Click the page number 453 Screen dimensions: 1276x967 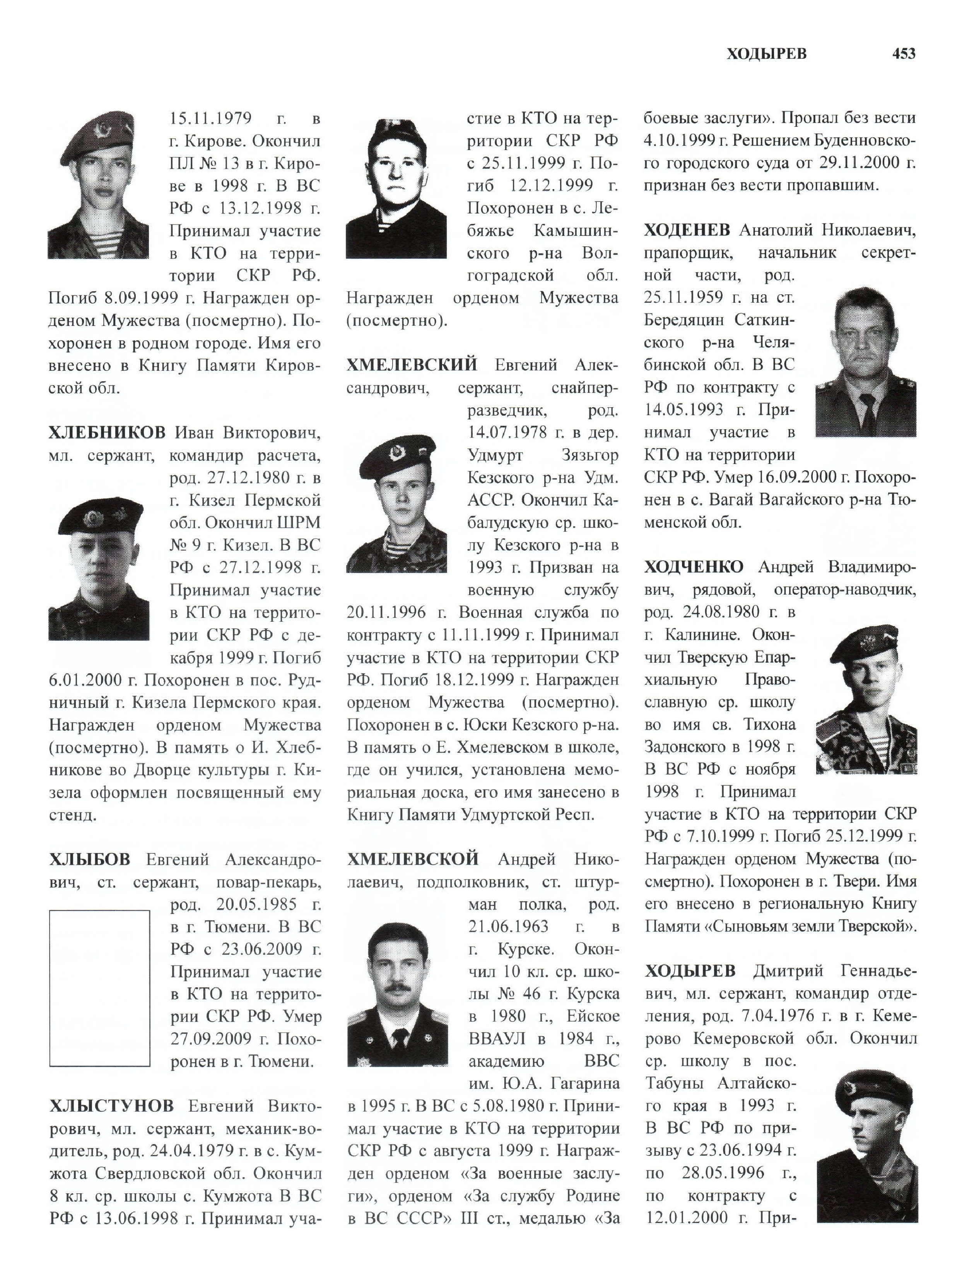(904, 54)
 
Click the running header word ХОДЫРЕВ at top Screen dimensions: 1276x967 (766, 54)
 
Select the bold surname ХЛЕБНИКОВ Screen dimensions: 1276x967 (107, 433)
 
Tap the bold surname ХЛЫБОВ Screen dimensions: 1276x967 (89, 860)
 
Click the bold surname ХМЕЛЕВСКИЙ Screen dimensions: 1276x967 (412, 365)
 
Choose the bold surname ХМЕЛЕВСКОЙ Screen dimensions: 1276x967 (413, 860)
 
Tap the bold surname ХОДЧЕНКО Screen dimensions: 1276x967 (694, 567)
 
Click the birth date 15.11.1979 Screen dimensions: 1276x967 (210, 119)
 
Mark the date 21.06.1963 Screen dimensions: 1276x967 (508, 926)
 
